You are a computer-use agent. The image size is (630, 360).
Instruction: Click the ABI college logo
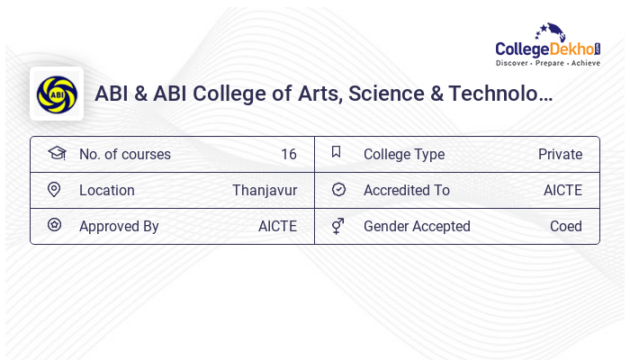[57, 94]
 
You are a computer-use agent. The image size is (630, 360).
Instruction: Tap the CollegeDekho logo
[547, 44]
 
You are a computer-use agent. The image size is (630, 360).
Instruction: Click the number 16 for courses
[288, 154]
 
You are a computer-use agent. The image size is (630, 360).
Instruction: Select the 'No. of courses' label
[124, 154]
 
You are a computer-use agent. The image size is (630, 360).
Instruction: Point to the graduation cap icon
[56, 153]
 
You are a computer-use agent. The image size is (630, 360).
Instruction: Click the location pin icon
[54, 189]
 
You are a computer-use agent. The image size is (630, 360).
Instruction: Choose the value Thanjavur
[265, 190]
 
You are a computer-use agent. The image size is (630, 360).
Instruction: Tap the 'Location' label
[106, 190]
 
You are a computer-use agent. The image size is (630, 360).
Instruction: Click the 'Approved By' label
[119, 226]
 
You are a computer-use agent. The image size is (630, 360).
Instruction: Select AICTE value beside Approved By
[277, 226]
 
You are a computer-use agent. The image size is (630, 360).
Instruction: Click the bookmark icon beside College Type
[337, 152]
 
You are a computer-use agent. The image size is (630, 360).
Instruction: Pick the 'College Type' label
[403, 154]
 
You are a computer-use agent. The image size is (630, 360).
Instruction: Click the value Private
[560, 154]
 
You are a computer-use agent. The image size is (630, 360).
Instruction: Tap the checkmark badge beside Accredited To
[338, 189]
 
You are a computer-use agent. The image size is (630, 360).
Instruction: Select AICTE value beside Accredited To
[562, 190]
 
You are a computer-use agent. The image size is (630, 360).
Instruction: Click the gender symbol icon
[337, 226]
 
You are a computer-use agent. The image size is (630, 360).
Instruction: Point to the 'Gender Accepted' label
[417, 226]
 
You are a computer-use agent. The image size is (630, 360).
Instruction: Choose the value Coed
[566, 226]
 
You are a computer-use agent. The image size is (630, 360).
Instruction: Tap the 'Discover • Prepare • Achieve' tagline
[547, 63]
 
